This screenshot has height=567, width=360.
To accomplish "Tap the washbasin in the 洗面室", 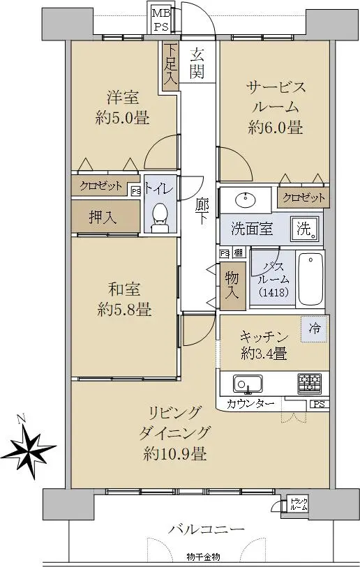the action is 246,199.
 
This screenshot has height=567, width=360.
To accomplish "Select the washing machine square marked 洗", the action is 306,229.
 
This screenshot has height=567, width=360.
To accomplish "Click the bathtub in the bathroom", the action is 310,279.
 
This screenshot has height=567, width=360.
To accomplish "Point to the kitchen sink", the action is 248,384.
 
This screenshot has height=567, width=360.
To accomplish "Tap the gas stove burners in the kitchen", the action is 309,384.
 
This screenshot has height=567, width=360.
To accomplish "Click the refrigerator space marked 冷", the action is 315,328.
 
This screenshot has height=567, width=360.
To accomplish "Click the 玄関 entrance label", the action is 197,63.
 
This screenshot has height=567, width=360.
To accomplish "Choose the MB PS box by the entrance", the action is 160,20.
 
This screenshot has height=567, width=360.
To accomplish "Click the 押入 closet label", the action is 103,217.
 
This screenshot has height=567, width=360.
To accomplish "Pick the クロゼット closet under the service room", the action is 303,197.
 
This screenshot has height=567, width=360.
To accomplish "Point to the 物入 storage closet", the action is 232,286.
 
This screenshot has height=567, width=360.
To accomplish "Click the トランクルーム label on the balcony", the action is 299,504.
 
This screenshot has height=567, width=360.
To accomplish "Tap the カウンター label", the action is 250,403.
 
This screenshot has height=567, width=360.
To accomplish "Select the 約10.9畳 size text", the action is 175,453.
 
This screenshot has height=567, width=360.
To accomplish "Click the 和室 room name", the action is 124,289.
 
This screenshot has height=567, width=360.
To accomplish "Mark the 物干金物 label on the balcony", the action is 203,557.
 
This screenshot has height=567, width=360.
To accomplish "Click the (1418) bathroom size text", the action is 274,292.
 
